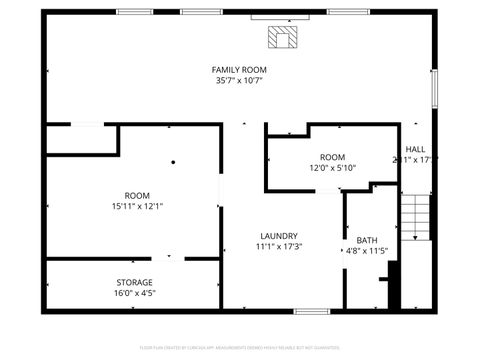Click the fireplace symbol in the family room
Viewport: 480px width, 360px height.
tap(283, 38)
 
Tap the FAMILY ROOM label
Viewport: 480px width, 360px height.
tap(239, 69)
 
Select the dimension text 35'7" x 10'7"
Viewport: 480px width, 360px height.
tap(239, 81)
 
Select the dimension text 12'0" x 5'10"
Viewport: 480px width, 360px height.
tap(332, 169)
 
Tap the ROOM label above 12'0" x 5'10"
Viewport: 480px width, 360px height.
tap(332, 157)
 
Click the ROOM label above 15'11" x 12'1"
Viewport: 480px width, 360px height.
tap(137, 195)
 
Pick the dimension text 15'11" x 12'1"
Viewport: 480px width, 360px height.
tap(137, 207)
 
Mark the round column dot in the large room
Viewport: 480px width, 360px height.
tap(173, 161)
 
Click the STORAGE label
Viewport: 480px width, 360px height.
tap(133, 282)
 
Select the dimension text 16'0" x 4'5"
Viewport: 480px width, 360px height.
tap(133, 294)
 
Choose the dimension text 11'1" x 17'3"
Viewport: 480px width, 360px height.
tap(279, 247)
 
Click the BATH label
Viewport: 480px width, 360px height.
tap(367, 240)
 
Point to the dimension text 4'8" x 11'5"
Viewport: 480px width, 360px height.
tap(367, 252)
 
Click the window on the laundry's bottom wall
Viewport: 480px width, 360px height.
tap(311, 311)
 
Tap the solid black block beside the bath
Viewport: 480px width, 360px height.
tap(394, 285)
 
